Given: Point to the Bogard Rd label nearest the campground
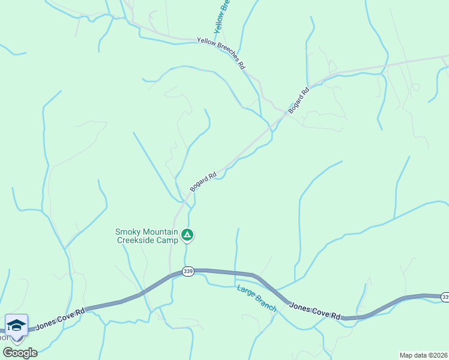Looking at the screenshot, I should point(203,182).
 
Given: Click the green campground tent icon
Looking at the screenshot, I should point(188,235).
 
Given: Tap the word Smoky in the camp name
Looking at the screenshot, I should point(128,232).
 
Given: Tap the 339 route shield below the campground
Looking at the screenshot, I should point(188,272).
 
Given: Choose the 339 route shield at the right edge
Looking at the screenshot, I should point(445,297).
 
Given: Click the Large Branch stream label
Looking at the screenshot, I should point(256,298).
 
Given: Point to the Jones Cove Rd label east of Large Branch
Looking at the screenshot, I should point(315,311).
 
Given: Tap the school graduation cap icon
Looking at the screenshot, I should point(17,326).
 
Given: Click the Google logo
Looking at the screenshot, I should point(20,352).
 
